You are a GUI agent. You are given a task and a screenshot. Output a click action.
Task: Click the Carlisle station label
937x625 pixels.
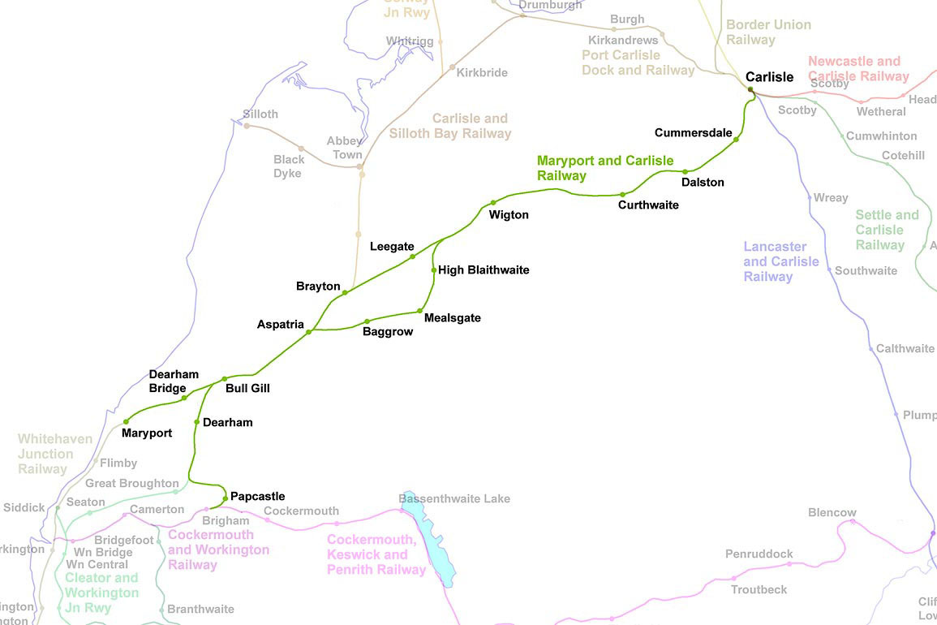click(769, 77)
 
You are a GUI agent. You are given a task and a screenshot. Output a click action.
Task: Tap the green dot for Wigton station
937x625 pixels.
click(493, 203)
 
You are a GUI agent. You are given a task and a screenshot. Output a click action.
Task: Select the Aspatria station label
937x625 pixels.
click(281, 325)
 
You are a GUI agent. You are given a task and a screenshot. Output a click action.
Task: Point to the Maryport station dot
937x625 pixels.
click(127, 421)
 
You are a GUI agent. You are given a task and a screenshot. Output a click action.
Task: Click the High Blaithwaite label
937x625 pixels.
click(484, 269)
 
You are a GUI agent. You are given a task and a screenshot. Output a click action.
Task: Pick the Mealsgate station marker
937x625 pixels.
click(419, 311)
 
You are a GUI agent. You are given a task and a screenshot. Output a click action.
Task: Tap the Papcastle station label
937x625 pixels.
click(257, 496)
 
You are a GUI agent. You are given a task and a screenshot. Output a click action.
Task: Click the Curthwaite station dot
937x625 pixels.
click(622, 195)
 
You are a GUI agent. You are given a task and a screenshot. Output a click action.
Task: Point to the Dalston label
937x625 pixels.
click(703, 183)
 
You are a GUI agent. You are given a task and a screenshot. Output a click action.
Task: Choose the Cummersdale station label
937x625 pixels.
click(693, 132)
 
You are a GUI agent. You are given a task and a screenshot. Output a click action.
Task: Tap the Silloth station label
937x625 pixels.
click(260, 114)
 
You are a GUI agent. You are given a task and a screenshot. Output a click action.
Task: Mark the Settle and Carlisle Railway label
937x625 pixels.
click(887, 230)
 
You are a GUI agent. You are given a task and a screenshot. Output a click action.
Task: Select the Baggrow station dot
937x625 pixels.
click(367, 321)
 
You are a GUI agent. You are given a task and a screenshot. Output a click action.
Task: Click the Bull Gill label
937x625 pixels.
click(247, 389)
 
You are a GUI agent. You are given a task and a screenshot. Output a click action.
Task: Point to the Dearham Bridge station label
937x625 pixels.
click(174, 381)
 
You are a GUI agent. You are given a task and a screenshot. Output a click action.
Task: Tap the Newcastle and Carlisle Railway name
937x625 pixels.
click(857, 69)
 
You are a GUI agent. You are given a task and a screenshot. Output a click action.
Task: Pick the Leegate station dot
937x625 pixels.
click(413, 256)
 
